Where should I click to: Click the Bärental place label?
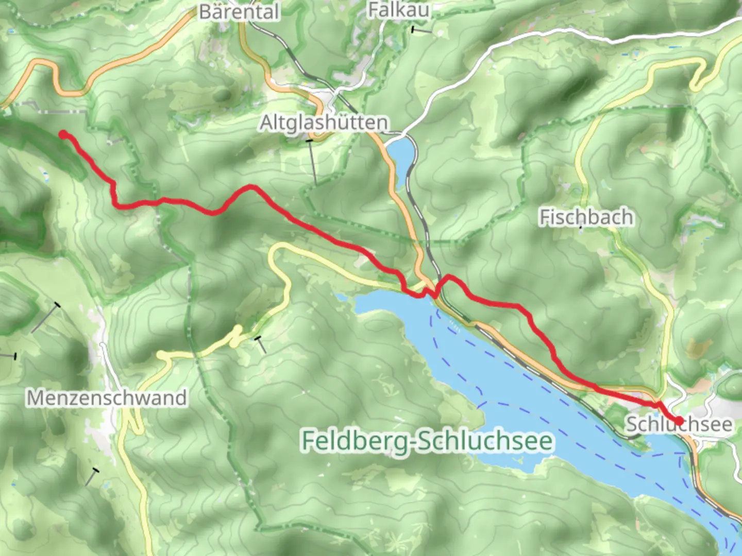[239, 12]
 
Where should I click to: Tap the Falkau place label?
[398, 10]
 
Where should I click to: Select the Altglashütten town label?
[324, 123]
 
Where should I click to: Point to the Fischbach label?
[586, 217]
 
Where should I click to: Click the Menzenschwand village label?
[106, 398]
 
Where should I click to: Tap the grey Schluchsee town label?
[679, 425]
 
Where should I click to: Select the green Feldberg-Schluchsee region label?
[428, 441]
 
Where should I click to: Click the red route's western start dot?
[63, 135]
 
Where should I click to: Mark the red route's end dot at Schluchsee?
[679, 421]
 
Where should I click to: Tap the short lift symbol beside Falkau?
[421, 31]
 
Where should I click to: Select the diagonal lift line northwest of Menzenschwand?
[45, 318]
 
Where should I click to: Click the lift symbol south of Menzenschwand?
[91, 477]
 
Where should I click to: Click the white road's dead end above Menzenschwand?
[103, 345]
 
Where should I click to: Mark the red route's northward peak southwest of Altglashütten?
[251, 186]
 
